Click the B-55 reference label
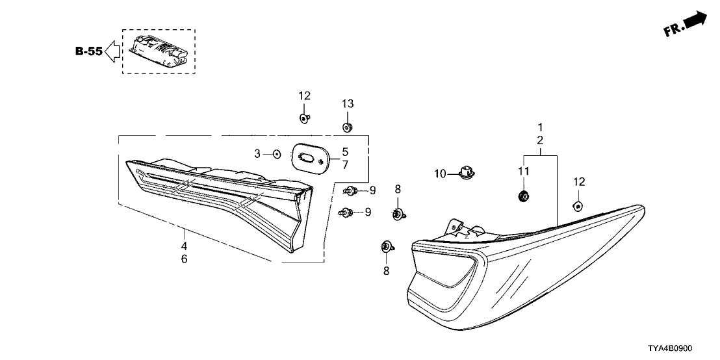click(x=88, y=52)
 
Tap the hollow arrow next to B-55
click(x=112, y=52)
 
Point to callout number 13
click(x=348, y=104)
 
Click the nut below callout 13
click(x=347, y=126)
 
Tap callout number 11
click(x=524, y=170)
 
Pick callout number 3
click(x=257, y=154)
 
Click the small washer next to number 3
click(x=277, y=154)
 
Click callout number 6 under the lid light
click(x=184, y=259)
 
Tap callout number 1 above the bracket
click(x=539, y=127)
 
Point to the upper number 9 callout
click(x=373, y=190)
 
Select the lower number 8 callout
click(x=386, y=270)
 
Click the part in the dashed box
click(x=159, y=51)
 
